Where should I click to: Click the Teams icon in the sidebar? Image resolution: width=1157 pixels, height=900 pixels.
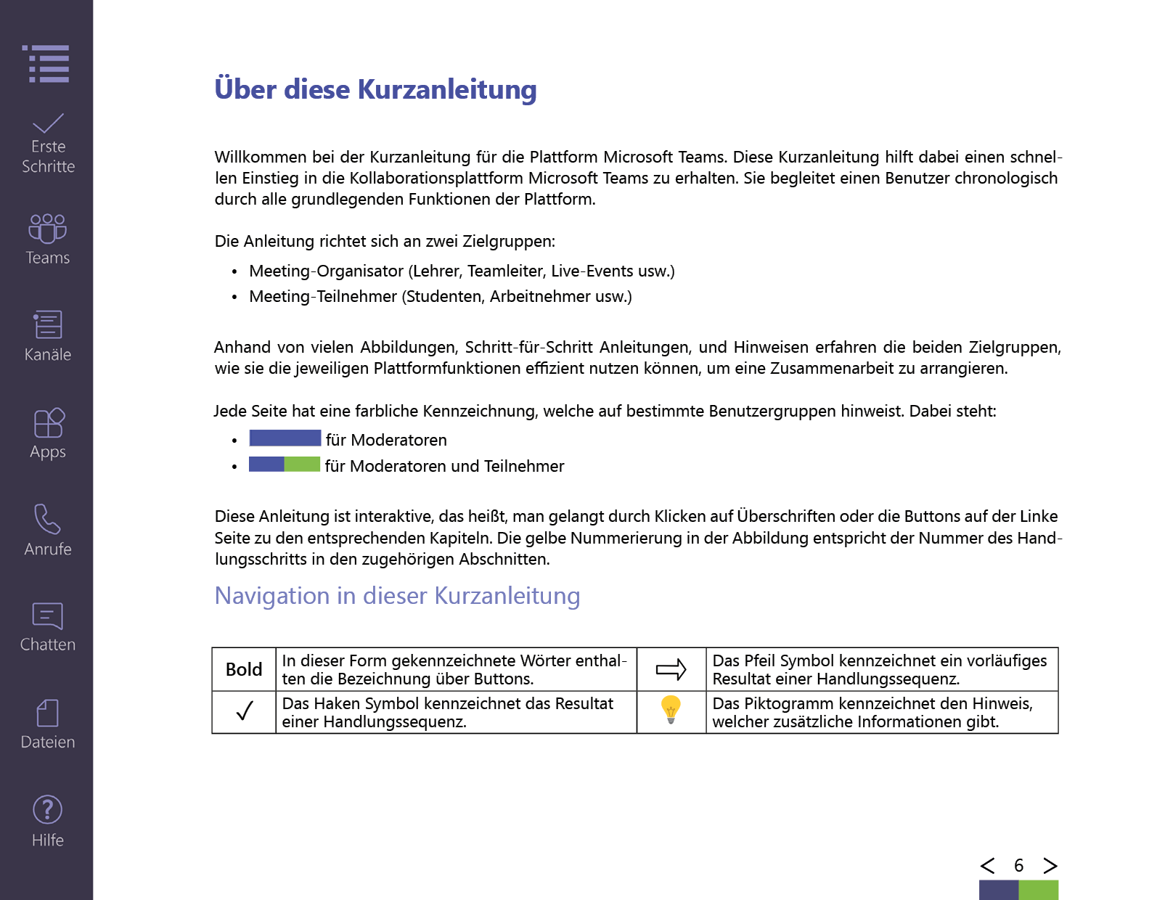(47, 228)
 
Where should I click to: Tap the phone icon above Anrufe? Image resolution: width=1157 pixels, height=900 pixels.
(47, 519)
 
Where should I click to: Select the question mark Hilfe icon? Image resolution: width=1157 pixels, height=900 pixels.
(48, 809)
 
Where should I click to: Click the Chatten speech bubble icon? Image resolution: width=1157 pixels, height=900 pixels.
(48, 616)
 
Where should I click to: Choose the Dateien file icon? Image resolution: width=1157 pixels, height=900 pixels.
(48, 713)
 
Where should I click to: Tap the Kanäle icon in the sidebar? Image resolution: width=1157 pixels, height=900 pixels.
(48, 324)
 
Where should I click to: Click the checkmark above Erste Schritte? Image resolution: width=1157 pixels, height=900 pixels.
(48, 123)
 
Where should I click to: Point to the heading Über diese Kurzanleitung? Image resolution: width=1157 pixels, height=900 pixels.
(375, 89)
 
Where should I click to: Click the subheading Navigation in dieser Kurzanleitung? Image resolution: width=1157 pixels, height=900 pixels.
(397, 596)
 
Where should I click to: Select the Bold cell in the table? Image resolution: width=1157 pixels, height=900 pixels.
(244, 669)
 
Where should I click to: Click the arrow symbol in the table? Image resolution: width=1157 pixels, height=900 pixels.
(671, 669)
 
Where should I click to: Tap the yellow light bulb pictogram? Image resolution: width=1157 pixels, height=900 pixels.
(671, 709)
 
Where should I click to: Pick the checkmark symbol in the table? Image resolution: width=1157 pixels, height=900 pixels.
(245, 711)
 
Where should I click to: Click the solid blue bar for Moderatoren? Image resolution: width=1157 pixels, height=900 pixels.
(285, 438)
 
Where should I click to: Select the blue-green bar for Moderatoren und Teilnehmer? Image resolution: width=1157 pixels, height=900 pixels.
(285, 464)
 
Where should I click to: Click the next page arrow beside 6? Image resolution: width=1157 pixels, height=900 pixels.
(1050, 865)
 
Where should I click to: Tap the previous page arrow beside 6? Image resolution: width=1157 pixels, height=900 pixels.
(987, 865)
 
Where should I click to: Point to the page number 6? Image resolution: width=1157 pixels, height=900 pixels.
(1018, 865)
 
